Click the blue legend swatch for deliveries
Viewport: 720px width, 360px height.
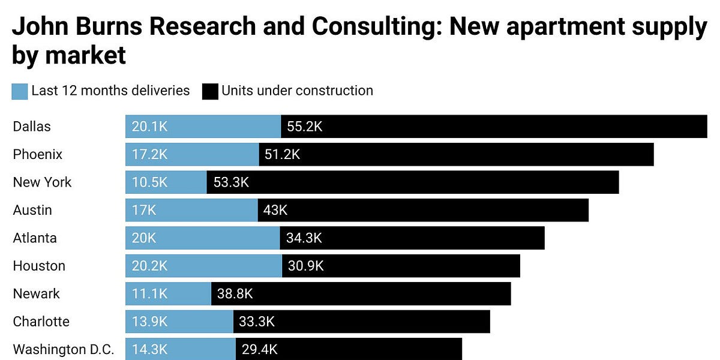(20, 91)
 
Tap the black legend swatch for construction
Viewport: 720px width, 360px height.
(209, 91)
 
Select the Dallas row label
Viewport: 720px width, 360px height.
(32, 127)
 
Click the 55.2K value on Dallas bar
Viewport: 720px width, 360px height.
(305, 127)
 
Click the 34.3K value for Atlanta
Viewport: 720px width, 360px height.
(304, 238)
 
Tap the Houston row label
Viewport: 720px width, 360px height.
(39, 266)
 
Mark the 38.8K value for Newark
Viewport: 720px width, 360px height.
(235, 294)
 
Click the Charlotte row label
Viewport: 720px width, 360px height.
(41, 322)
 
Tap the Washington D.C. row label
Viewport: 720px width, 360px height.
(64, 349)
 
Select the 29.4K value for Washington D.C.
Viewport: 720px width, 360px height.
(259, 349)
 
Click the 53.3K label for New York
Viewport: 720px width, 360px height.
(231, 182)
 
